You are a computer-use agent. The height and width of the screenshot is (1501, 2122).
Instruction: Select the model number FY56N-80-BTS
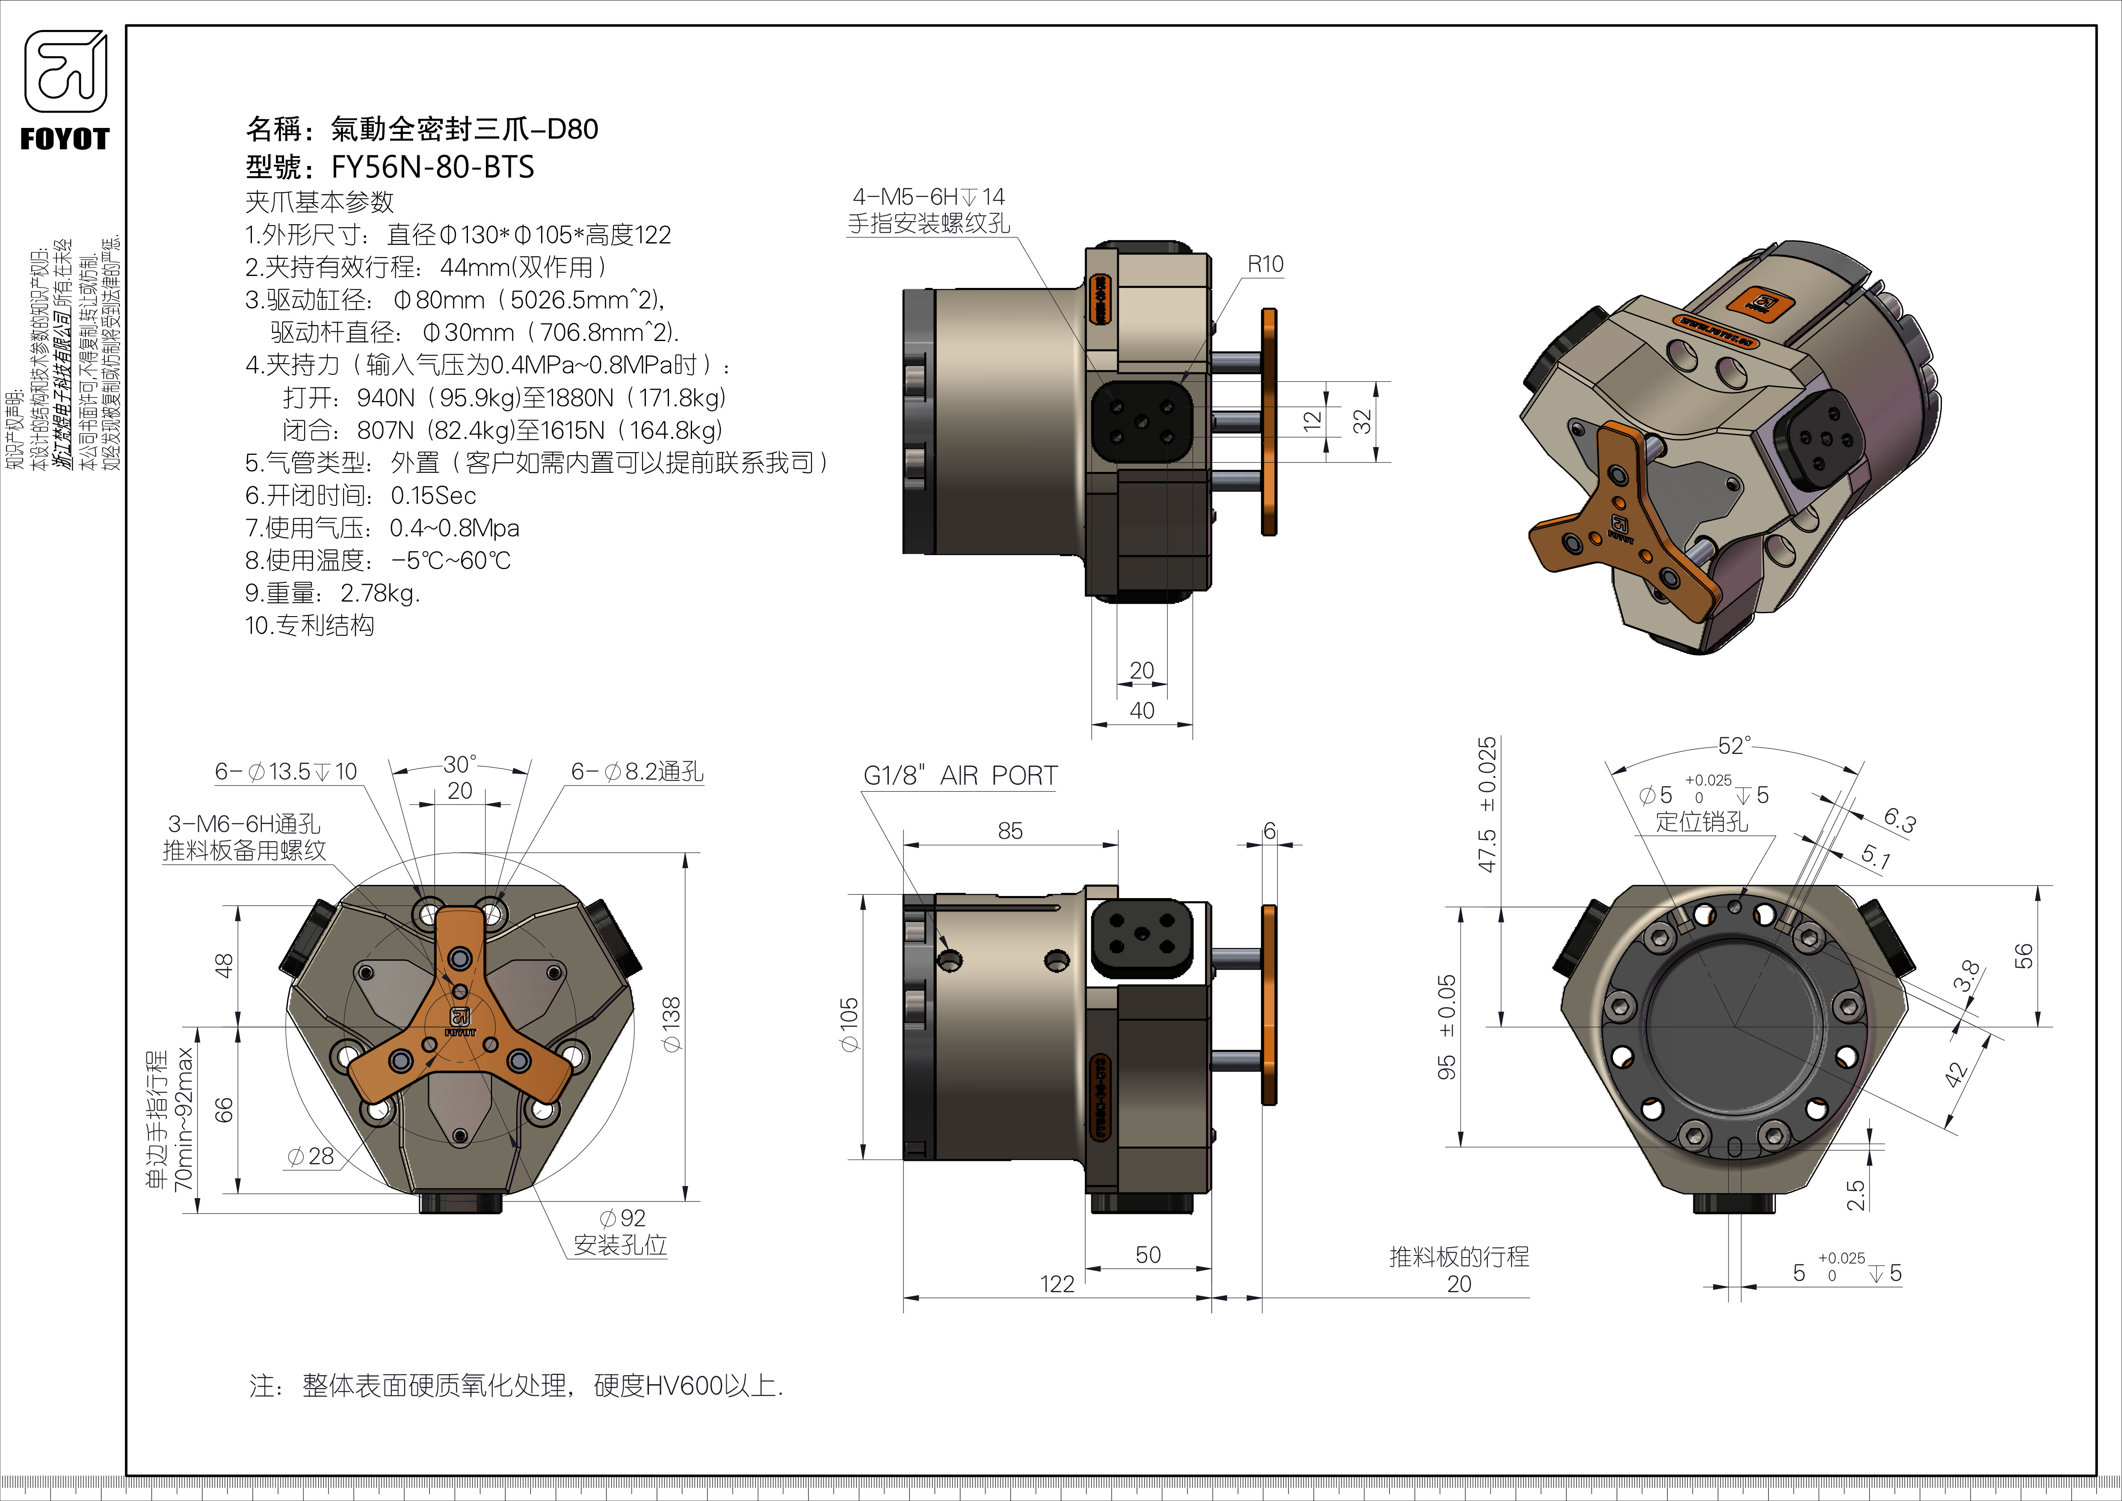tap(432, 167)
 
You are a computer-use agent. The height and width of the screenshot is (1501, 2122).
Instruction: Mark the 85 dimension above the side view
tap(1010, 831)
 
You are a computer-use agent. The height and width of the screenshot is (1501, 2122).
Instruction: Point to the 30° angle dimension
tap(459, 763)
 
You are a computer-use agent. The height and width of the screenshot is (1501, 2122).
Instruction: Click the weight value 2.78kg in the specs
tap(380, 593)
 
